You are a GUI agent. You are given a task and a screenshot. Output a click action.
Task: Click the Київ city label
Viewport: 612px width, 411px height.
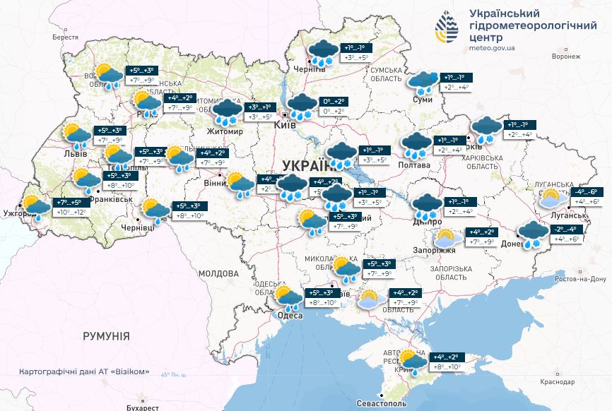click(284, 125)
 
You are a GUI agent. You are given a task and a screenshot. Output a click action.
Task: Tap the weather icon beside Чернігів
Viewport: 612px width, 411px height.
click(324, 53)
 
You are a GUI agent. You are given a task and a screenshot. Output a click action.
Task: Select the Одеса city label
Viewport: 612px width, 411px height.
click(290, 315)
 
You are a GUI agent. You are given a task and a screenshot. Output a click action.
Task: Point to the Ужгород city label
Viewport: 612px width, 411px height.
click(18, 213)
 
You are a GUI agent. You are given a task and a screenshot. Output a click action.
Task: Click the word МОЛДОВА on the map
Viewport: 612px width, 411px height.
click(218, 273)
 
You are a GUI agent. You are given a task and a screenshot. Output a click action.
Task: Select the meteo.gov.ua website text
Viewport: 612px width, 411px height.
click(493, 48)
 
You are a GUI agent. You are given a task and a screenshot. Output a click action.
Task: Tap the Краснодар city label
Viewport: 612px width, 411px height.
click(556, 381)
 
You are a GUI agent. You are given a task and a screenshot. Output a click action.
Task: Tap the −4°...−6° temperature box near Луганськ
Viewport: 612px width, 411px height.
click(587, 191)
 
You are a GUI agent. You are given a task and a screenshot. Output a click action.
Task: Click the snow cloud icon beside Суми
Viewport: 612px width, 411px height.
click(424, 83)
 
